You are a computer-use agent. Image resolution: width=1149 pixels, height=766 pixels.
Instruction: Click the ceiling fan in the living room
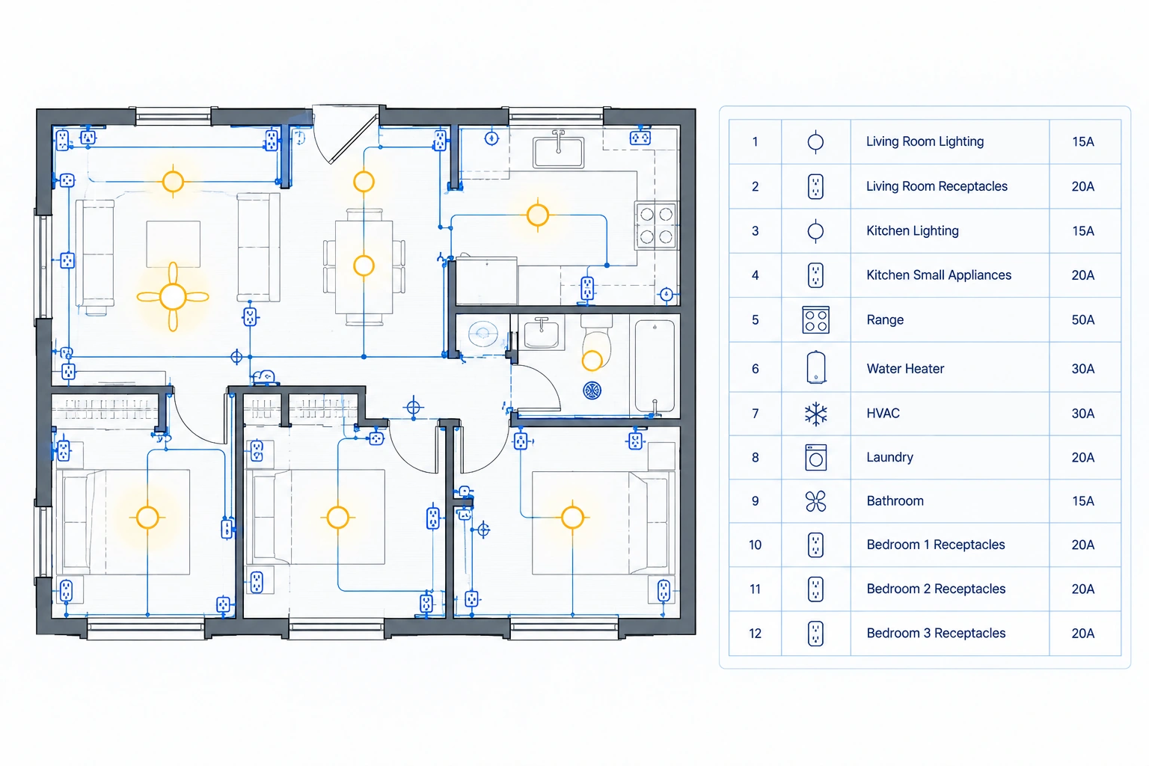click(x=173, y=296)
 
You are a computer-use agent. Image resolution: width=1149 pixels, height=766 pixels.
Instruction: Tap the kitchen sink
click(x=558, y=151)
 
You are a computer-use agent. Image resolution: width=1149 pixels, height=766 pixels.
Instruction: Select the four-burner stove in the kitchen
click(x=657, y=226)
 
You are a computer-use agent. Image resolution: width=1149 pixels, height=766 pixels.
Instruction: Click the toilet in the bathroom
click(x=596, y=341)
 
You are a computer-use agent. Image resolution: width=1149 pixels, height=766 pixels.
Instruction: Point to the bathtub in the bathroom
click(x=655, y=366)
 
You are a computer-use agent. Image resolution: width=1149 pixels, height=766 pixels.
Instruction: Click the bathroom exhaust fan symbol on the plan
click(x=592, y=390)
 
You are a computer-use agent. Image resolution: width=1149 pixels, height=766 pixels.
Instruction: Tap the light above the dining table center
click(x=364, y=266)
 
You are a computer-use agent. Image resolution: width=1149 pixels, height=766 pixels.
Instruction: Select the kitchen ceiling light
click(x=538, y=215)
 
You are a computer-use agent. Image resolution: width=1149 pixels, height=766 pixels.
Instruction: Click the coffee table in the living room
click(x=174, y=244)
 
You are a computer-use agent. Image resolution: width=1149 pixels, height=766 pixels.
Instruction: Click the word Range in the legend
click(x=885, y=319)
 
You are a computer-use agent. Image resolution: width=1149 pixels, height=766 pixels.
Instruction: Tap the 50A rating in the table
click(x=1083, y=319)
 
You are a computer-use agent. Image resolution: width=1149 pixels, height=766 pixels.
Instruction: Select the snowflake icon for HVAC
click(x=815, y=414)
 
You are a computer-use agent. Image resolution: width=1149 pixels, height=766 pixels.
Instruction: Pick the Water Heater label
click(x=905, y=368)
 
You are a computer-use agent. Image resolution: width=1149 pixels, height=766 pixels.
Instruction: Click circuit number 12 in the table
click(x=755, y=633)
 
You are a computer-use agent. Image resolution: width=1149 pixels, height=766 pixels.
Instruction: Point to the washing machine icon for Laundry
click(x=815, y=457)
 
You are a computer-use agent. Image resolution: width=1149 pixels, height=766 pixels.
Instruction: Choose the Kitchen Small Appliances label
click(x=939, y=275)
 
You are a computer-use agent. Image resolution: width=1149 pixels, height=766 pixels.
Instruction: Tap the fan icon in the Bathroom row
click(x=815, y=501)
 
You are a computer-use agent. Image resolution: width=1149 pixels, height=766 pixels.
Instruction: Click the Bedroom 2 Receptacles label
click(x=936, y=589)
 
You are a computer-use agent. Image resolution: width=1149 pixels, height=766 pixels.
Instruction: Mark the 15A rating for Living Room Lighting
click(x=1083, y=141)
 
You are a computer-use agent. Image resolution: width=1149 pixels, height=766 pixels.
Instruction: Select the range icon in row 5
click(x=815, y=319)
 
